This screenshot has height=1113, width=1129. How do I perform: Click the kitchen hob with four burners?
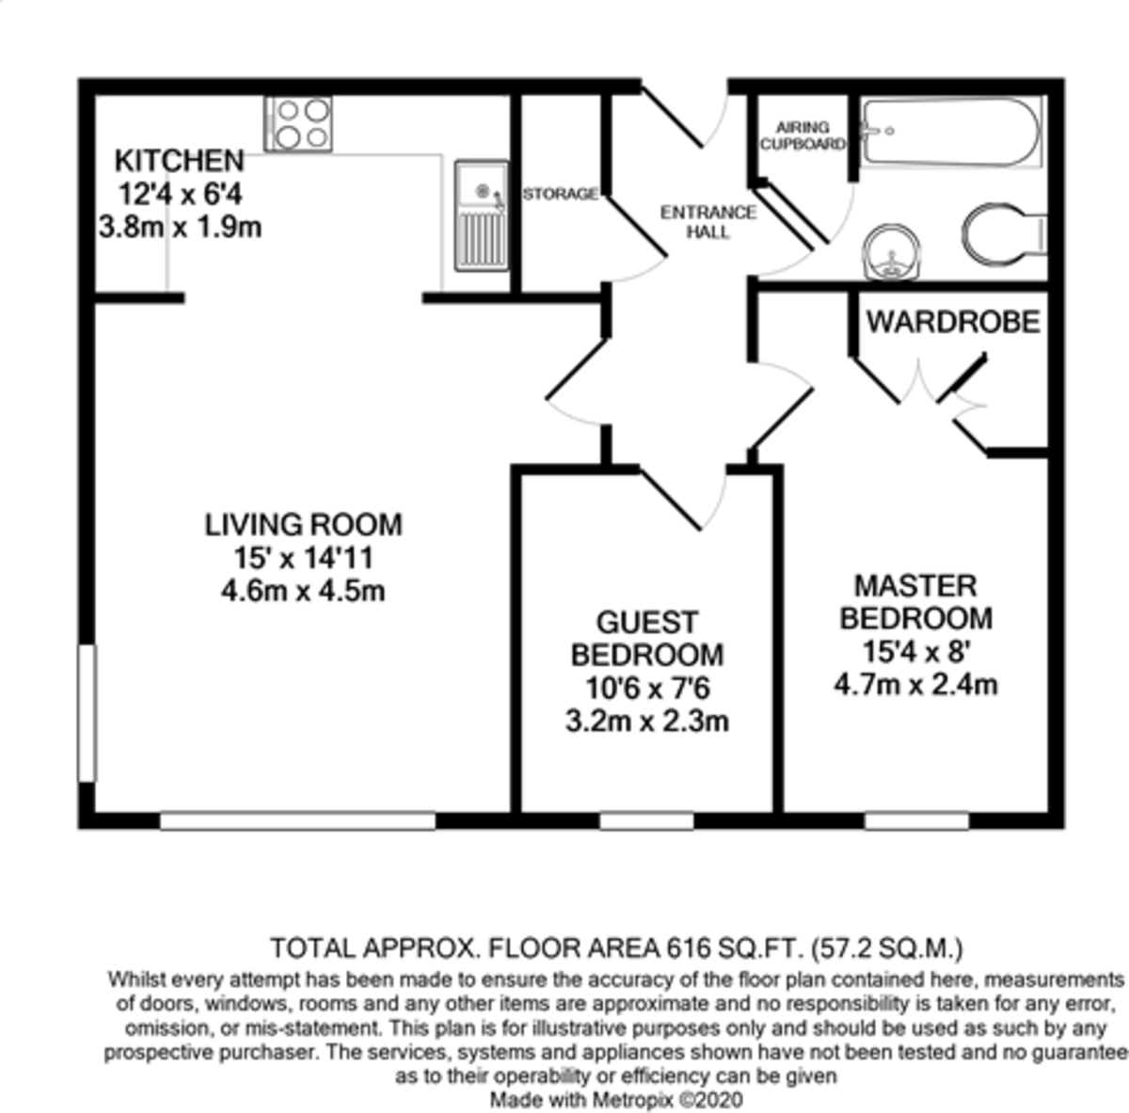298,124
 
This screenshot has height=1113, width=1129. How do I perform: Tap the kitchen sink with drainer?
481,216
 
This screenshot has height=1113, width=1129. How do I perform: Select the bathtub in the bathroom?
950,134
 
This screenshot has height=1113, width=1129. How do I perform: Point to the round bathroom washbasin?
890,251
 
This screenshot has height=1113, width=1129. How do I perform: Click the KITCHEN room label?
179,160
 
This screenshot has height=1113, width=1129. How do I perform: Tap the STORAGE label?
560,194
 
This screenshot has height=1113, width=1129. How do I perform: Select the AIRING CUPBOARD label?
803,135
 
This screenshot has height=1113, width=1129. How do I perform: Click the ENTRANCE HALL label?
708,222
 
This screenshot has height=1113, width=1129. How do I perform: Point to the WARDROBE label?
953,322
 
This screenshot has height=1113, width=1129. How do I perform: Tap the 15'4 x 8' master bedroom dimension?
915,651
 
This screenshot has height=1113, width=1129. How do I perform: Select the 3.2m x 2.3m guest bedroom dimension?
647,722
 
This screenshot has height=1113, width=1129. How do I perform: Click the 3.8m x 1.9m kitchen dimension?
180,227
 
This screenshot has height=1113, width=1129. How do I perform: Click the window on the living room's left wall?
87,712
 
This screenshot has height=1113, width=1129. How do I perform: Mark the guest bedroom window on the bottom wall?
646,821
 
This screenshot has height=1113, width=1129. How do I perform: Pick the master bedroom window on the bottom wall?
916,821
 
